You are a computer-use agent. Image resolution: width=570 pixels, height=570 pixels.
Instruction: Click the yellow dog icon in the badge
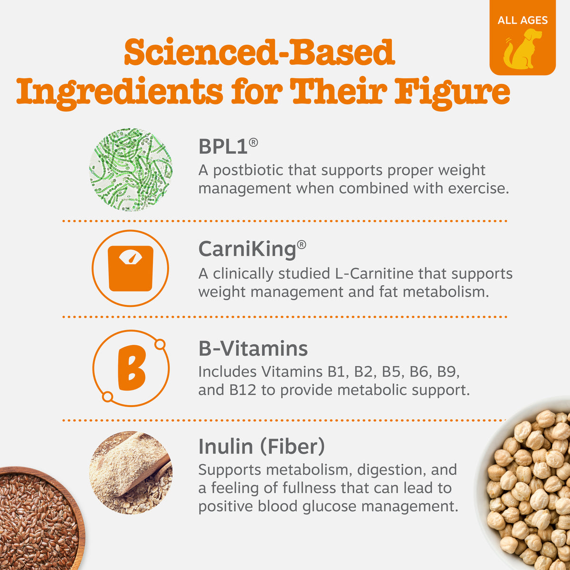click(x=522, y=48)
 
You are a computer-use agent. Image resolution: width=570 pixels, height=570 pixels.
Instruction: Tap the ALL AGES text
click(x=522, y=20)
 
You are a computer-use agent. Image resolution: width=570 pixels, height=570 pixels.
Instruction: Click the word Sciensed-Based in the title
click(x=259, y=53)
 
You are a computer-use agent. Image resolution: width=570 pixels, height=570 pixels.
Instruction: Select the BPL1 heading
click(x=223, y=147)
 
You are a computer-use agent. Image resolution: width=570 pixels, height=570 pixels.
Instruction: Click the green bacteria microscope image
click(x=131, y=170)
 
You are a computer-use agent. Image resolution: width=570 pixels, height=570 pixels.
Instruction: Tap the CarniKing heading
click(x=247, y=249)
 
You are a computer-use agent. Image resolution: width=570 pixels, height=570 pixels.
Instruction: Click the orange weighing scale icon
click(x=131, y=268)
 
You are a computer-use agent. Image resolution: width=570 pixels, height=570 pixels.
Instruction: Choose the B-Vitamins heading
click(x=253, y=349)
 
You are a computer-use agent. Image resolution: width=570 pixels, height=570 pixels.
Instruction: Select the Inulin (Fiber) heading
click(x=261, y=446)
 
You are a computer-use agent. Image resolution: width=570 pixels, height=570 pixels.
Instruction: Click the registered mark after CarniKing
click(x=302, y=245)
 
